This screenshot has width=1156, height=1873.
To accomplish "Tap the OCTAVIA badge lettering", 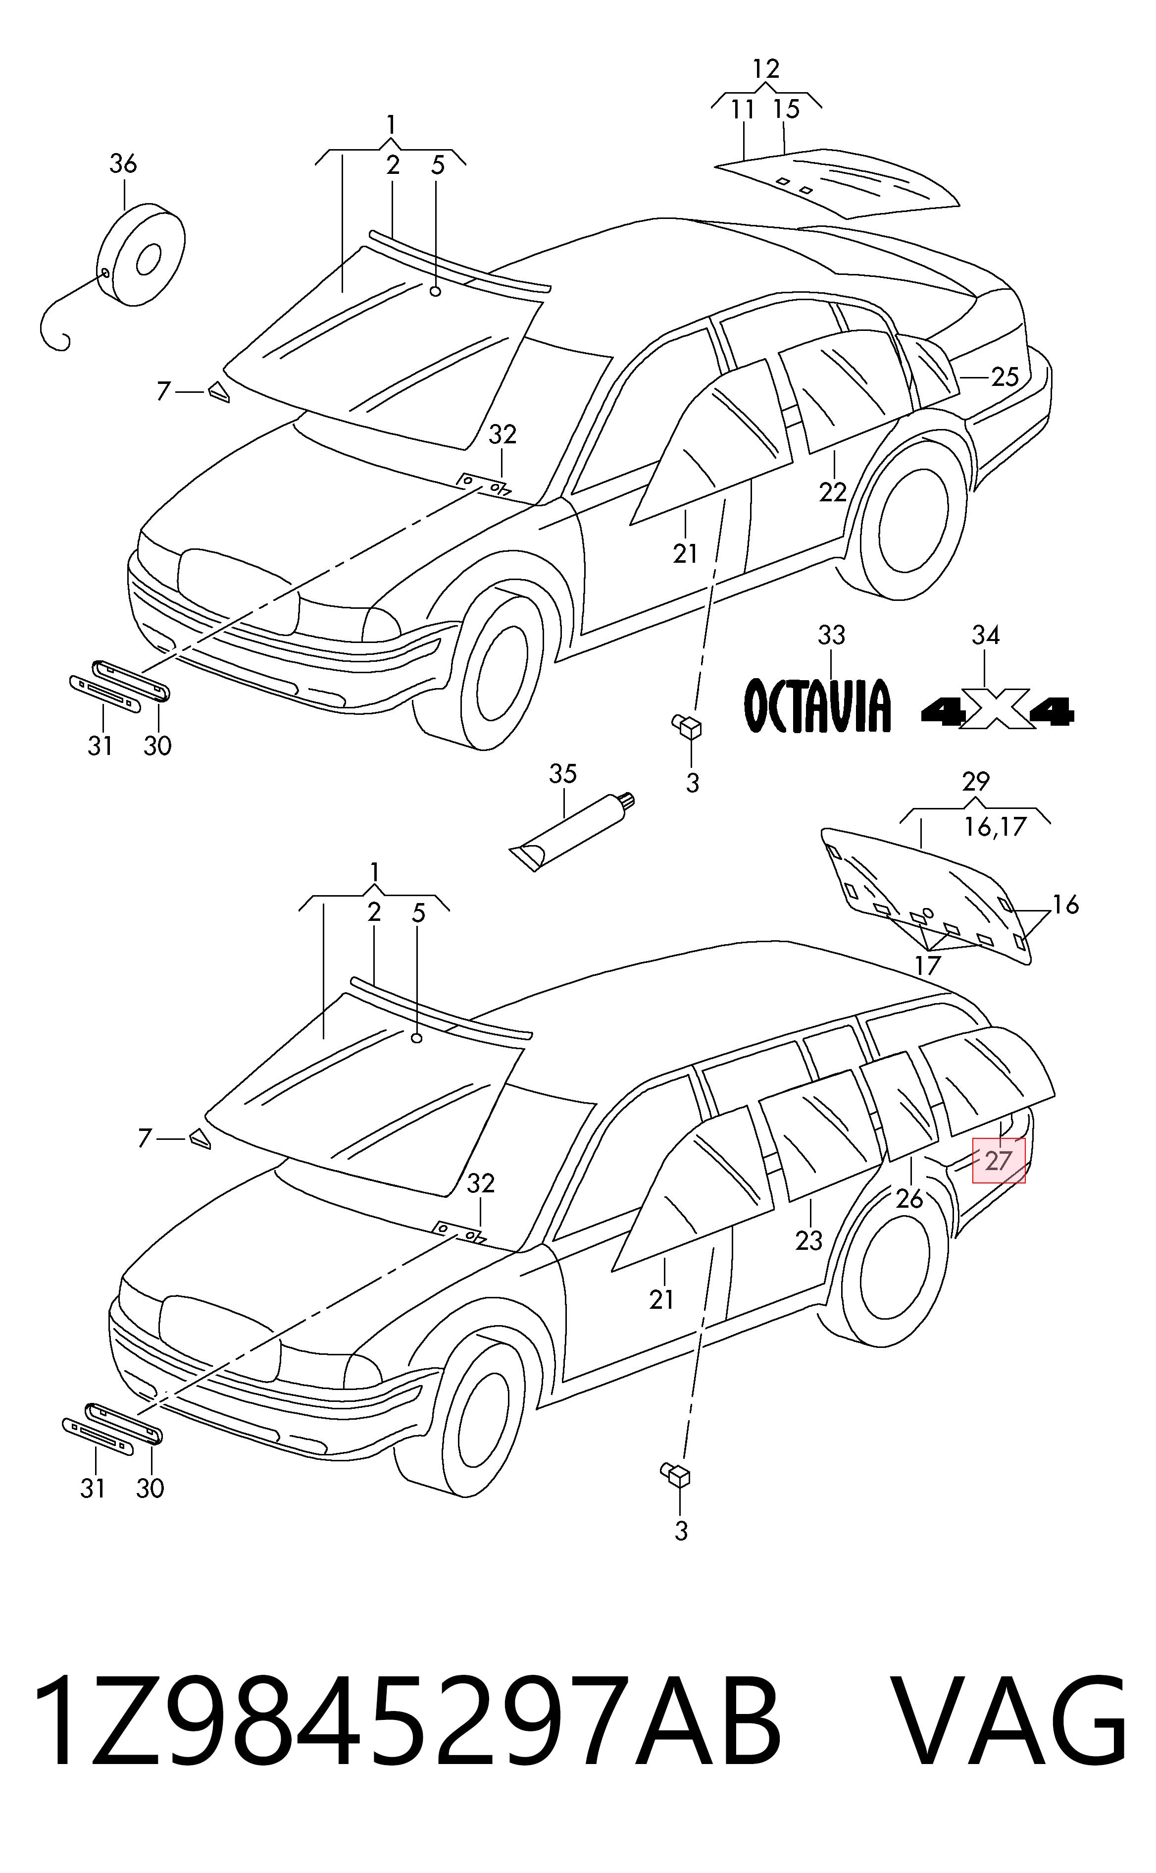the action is coord(817,705).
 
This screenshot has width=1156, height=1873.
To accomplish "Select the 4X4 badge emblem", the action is coord(998,710).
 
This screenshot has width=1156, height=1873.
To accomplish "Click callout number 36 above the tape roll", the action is coord(123,163).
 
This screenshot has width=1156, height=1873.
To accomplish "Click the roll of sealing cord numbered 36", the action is coord(142,255).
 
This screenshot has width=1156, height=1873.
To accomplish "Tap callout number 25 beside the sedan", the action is coord(1005,376).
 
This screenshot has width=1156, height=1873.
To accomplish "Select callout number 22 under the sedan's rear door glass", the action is coord(833,492).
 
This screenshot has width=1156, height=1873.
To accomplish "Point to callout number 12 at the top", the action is coord(765,69).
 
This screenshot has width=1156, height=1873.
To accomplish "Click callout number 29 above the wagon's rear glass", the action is coord(976,782).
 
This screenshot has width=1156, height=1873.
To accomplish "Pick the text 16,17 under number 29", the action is coord(995,827).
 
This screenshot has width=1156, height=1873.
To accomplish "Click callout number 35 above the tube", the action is coord(563,774).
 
